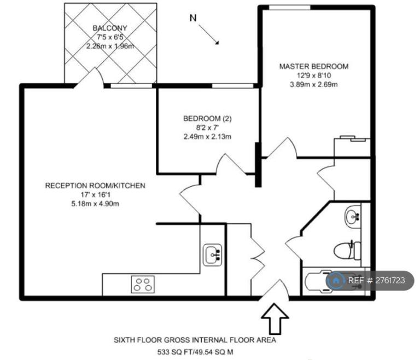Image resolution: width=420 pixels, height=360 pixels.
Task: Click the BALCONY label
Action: click(110, 28)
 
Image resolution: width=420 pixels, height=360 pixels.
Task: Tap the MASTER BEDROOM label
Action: click(314, 66)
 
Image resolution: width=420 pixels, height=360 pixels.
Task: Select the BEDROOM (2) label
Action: click(207, 119)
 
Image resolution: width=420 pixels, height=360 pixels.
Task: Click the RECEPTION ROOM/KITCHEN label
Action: click(95, 185)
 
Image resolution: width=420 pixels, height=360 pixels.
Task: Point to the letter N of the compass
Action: click(193, 18)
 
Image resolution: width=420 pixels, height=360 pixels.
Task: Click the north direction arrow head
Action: click(217, 42)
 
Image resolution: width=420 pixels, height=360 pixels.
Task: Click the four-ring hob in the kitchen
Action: click(143, 284)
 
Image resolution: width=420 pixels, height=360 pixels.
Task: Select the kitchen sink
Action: click(212, 254)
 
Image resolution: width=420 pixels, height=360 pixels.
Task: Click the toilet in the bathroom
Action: click(347, 251)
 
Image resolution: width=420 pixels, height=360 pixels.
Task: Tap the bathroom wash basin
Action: click(353, 216)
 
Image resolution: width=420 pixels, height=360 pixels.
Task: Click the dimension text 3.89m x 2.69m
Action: click(314, 85)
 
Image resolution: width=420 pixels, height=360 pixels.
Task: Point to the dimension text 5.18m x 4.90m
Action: click(95, 204)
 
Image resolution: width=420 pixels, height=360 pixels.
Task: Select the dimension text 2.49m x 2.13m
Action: click(207, 137)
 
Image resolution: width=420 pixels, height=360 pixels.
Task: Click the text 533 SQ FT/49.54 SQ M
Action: click(195, 351)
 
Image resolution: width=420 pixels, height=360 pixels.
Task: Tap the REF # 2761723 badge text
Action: click(376, 280)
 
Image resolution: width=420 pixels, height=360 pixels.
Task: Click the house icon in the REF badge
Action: click(335, 280)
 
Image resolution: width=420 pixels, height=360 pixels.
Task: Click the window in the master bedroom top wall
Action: click(290, 8)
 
